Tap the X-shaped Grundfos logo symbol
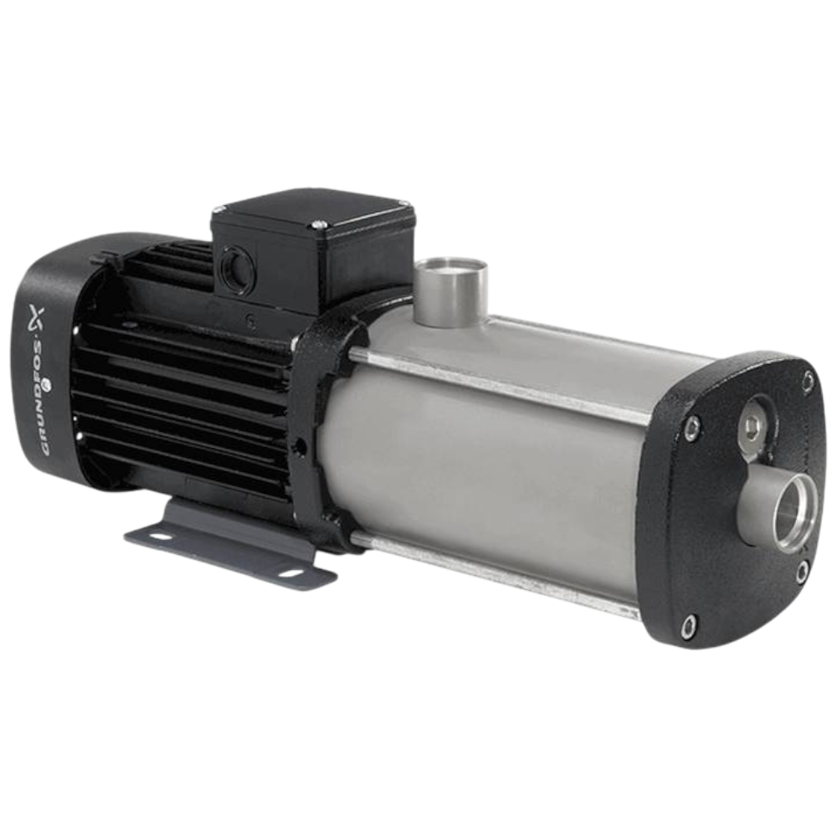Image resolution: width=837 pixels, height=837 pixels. [x=39, y=319]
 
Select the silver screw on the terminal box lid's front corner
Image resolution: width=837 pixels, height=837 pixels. [x=318, y=225]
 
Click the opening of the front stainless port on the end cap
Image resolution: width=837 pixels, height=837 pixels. [x=796, y=506]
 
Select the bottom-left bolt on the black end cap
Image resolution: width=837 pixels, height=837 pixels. [x=689, y=626]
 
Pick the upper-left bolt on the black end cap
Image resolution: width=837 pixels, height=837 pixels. [x=692, y=425]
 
